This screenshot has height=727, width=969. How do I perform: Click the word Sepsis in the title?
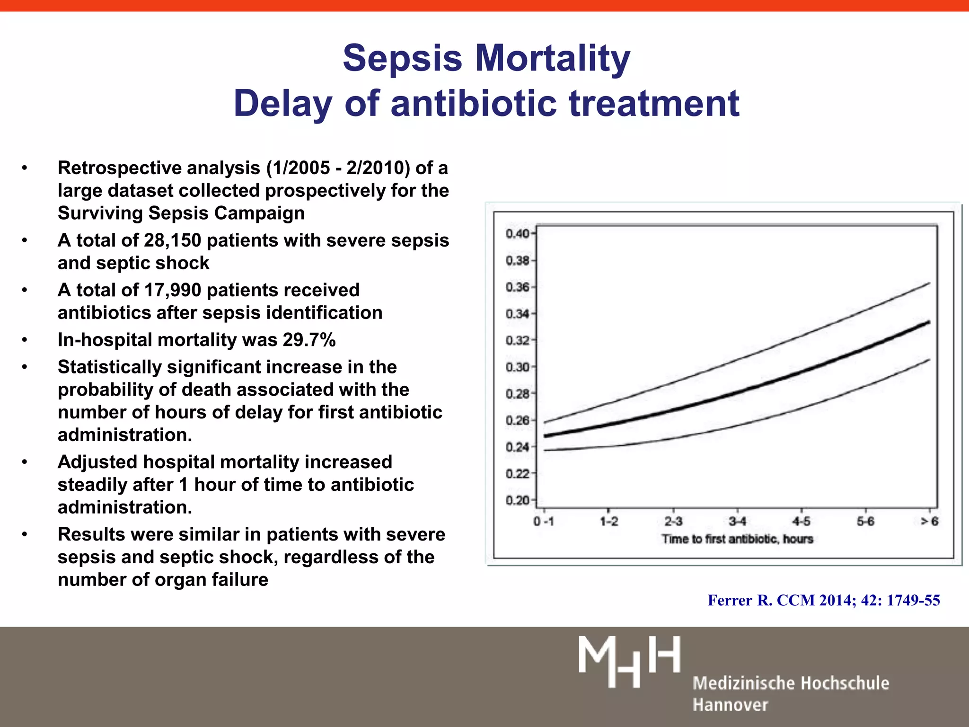point(402,59)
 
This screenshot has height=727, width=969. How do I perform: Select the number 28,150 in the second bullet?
point(172,240)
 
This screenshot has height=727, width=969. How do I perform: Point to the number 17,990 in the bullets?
point(172,290)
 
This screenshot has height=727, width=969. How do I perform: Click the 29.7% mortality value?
point(309,340)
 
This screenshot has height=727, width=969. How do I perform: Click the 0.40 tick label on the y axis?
point(518,234)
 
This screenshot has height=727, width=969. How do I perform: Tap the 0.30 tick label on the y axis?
point(518,367)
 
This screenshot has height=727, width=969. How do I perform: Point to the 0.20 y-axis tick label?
point(518,501)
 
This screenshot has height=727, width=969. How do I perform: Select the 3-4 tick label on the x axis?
point(737,522)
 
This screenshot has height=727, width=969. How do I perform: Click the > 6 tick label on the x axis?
point(929,522)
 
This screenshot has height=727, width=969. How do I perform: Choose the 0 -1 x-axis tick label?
point(544,522)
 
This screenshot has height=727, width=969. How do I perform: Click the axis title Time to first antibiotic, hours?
point(737,539)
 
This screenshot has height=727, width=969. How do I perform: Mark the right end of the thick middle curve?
point(929,322)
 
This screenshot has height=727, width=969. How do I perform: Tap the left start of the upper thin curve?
point(546,422)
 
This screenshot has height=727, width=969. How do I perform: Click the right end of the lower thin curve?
point(929,360)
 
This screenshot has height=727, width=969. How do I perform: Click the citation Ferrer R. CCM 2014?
point(823,600)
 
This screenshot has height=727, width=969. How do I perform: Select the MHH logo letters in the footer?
point(629,661)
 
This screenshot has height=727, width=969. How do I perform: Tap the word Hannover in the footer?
point(730,705)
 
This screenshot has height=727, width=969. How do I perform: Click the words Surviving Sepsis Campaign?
point(181,213)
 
